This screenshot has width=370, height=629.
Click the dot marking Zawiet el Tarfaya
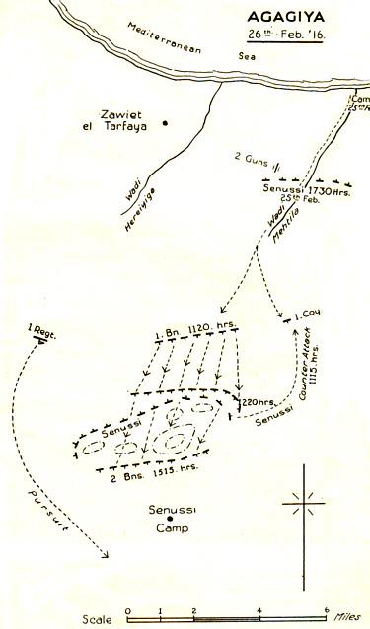pos(166,123)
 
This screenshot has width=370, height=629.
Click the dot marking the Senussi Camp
pos(170,520)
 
